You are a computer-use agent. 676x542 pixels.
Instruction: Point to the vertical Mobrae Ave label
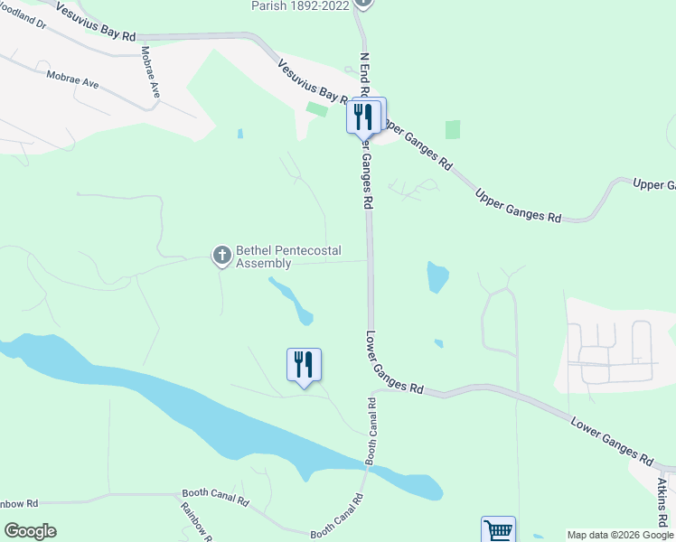coord(150,73)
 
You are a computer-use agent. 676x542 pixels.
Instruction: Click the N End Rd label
coord(365,75)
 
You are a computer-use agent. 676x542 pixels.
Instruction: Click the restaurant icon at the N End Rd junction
coord(365,116)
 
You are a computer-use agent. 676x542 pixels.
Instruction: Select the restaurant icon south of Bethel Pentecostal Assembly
coord(304,365)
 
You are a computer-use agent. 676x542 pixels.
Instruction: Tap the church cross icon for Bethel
coord(221,257)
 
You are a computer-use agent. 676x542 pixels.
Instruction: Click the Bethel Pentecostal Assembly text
coord(264,257)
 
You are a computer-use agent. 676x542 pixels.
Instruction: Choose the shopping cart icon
coord(498,530)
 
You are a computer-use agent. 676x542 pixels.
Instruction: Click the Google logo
coord(30,530)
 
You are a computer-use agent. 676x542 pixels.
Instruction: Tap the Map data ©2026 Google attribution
coord(620,535)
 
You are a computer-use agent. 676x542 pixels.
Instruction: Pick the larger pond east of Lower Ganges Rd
coord(437,276)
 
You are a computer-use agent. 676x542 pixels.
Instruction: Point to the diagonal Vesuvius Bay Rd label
coord(313,81)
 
